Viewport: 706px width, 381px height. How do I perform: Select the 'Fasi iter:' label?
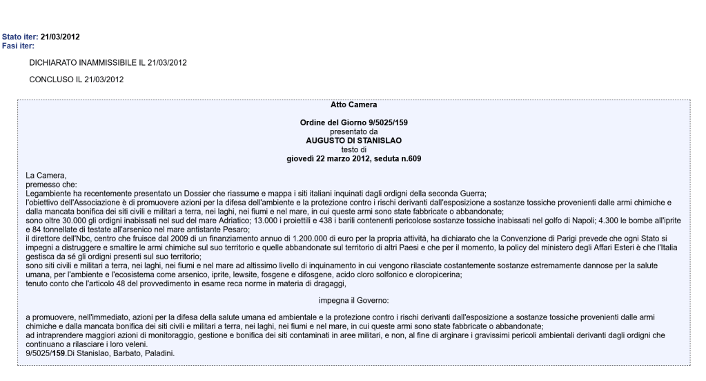(x=18, y=46)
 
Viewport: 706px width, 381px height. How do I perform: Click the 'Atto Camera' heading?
(x=353, y=105)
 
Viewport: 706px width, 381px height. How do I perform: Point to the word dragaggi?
(x=327, y=283)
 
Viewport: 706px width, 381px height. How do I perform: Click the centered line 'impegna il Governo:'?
(x=353, y=300)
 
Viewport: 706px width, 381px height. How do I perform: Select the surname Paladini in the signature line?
(x=159, y=353)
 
